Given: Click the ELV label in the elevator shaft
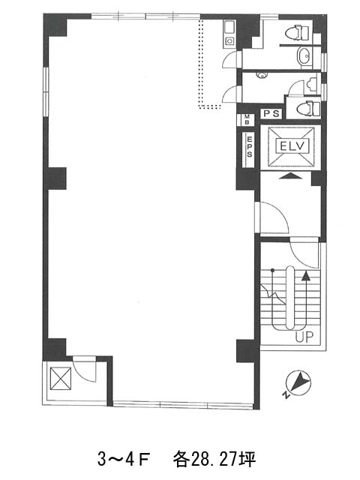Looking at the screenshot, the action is pyautogui.click(x=292, y=146).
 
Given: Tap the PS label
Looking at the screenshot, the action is pyautogui.click(x=271, y=114).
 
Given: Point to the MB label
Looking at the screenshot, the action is pyautogui.click(x=247, y=119).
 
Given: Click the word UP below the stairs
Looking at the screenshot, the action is pyautogui.click(x=304, y=337).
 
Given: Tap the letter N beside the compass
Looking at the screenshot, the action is pyautogui.click(x=286, y=395).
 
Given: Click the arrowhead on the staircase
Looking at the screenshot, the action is pyautogui.click(x=305, y=277).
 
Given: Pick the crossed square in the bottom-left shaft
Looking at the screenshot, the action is pyautogui.click(x=61, y=379).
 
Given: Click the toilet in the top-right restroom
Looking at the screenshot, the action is pyautogui.click(x=297, y=33).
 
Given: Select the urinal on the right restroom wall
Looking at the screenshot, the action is pyautogui.click(x=312, y=84).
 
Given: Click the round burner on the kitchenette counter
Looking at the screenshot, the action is pyautogui.click(x=229, y=40).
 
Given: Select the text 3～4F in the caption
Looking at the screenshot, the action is pyautogui.click(x=123, y=459).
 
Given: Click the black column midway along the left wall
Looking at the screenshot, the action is pyautogui.click(x=55, y=178).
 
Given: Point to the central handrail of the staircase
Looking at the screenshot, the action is pyautogui.click(x=290, y=298).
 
